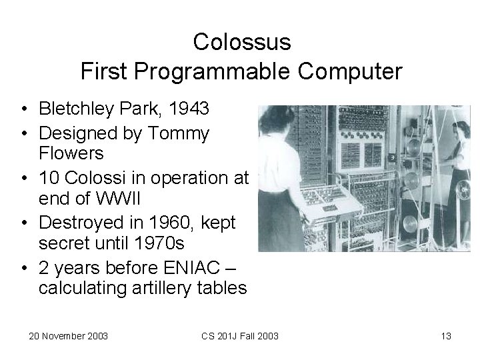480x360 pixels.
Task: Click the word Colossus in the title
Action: coord(242,42)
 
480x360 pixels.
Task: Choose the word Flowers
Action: coord(71,153)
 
